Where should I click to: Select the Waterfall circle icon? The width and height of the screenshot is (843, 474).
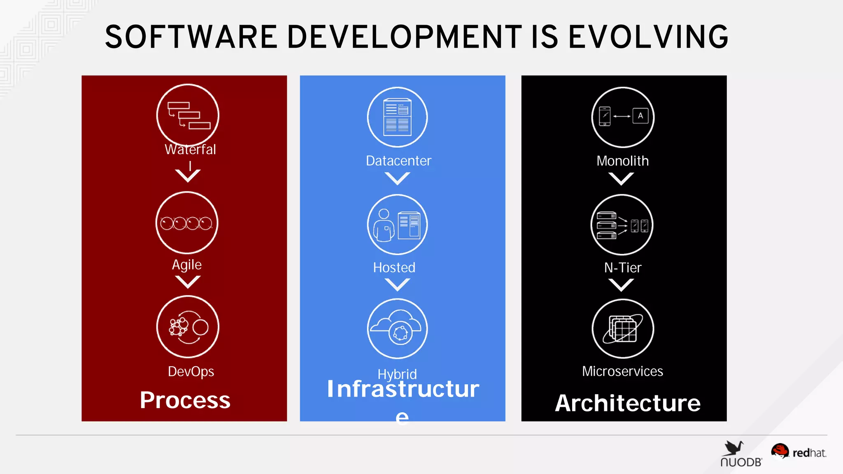click(x=188, y=115)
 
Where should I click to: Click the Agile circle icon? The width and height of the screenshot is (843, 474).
click(x=187, y=223)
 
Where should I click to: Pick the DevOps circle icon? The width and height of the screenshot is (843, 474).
click(x=188, y=327)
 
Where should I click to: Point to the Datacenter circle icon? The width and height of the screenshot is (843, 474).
click(x=397, y=117)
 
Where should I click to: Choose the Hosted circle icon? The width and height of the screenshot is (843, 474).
click(x=397, y=225)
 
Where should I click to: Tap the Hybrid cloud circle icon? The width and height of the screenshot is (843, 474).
click(x=397, y=329)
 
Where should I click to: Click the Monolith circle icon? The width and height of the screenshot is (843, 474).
click(x=623, y=117)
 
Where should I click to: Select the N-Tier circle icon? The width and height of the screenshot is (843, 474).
click(x=622, y=225)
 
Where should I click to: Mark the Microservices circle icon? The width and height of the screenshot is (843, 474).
click(x=623, y=329)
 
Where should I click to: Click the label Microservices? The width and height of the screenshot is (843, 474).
click(x=622, y=371)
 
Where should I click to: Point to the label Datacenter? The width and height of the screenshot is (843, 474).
click(x=398, y=160)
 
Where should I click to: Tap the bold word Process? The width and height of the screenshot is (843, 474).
click(x=185, y=400)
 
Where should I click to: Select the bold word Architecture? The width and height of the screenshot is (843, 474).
click(x=628, y=403)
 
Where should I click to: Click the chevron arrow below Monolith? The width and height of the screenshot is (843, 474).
click(x=621, y=179)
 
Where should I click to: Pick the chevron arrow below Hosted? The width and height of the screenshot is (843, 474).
click(x=397, y=284)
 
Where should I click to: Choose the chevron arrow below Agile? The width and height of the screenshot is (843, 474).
click(x=188, y=282)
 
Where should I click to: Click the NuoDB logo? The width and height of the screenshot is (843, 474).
click(x=741, y=454)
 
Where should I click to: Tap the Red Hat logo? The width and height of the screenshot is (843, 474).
click(x=799, y=452)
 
